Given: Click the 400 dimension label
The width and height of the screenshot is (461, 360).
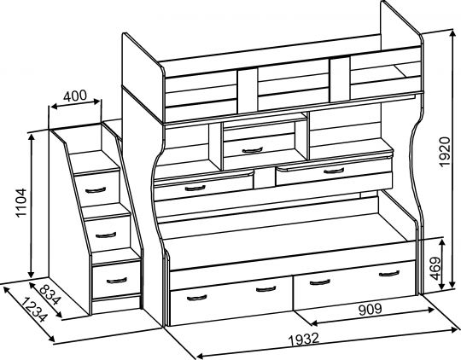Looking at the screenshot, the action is click(75, 96).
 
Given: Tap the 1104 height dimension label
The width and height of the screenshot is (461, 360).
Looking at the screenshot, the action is click(21, 203).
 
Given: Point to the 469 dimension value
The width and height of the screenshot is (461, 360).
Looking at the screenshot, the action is click(435, 269).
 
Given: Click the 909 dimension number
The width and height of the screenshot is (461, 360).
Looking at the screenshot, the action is click(371, 309).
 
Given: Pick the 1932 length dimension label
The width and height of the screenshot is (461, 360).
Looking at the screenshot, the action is click(304, 339).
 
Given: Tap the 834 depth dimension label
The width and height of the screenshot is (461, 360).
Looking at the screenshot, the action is click(50, 294).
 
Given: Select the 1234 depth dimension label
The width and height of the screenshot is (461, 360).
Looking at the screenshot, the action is click(34, 310).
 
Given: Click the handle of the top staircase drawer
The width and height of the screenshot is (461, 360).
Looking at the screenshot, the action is click(96, 190).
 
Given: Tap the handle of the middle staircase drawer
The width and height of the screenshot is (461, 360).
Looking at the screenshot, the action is click(106, 235).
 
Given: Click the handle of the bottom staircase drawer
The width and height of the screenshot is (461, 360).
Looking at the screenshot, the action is click(117, 281).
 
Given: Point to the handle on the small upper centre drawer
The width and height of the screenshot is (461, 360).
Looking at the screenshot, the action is click(252, 150).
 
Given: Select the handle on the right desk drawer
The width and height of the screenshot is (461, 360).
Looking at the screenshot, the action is click(334, 171).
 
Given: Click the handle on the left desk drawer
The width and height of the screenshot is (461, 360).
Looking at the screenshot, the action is click(195, 188).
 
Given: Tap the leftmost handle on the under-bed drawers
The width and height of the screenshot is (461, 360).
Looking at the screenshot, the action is click(196, 298).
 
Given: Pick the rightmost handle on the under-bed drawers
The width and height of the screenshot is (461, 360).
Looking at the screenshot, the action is click(389, 274).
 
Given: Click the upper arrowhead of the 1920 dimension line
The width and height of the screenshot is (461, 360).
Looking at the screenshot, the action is click(452, 34).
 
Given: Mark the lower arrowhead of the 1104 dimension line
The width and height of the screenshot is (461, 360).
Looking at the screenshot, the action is click(31, 274).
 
